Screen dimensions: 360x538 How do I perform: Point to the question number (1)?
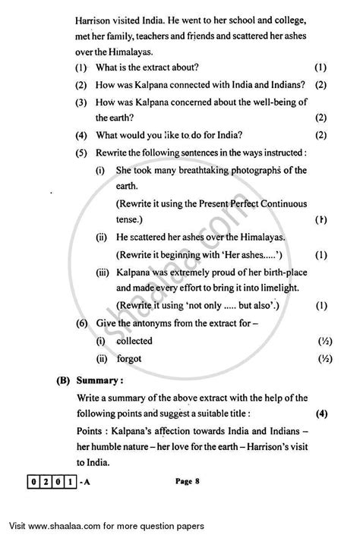pyautogui.click(x=81, y=68)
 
